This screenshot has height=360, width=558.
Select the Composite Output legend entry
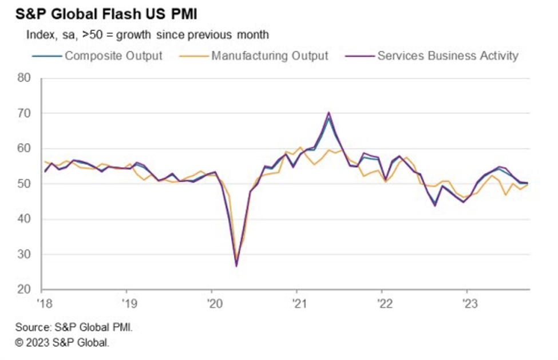pos(113,56)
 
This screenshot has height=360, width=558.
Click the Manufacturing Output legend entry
pos(269,56)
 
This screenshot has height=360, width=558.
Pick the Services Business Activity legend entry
pos(447,56)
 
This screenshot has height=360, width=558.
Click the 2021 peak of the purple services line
pos(329,113)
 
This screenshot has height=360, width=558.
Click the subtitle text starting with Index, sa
pos(147,35)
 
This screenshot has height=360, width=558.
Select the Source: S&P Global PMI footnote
pos(77,328)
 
